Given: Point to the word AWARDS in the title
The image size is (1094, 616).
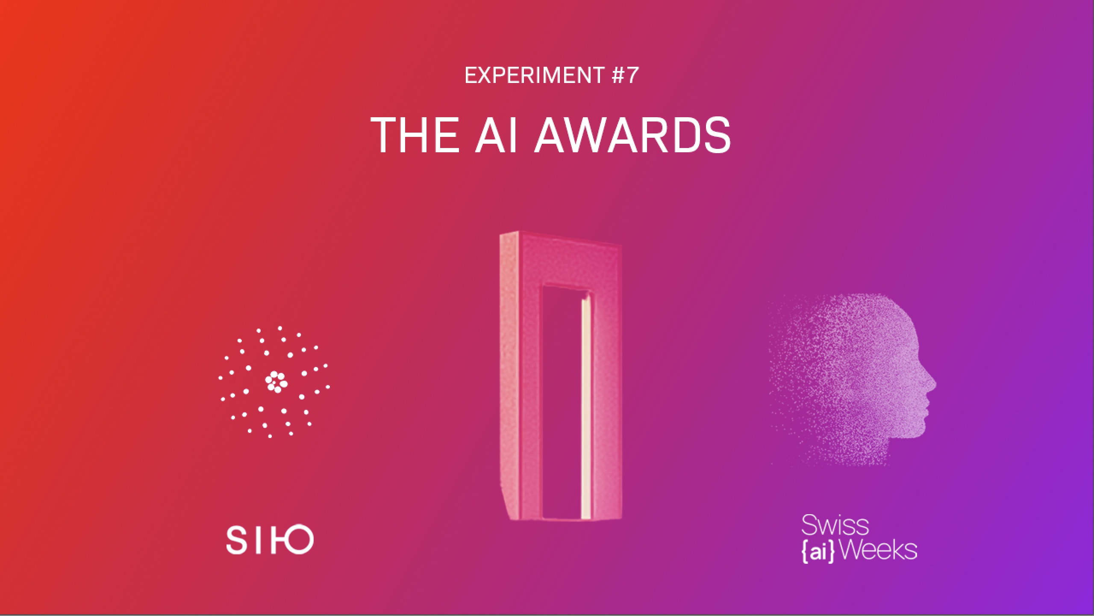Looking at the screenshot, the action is pos(632,135).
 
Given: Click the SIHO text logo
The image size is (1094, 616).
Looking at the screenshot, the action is pos(270,540).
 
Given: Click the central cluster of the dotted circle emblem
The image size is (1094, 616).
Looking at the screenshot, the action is pos(276,382).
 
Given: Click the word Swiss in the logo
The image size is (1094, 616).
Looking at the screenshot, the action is pos(835,525).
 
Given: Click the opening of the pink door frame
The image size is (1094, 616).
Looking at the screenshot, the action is pos(562,402).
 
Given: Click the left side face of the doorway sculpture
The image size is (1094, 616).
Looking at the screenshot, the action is pos(510,376).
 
